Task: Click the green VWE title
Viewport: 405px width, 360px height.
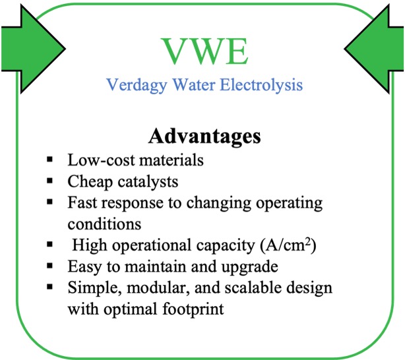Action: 204,51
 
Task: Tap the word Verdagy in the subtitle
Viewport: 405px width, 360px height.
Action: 137,85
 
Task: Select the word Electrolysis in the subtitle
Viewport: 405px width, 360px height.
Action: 261,84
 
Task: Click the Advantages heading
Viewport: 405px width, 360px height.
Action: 204,136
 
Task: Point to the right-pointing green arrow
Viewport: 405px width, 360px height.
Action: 33,49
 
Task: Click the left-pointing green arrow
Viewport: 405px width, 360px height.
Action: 374,49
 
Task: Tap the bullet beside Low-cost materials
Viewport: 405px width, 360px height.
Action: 50,160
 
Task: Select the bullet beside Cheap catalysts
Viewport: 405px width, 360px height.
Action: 50,181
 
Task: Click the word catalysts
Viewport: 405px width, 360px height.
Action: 148,181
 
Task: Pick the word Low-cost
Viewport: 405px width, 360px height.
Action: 102,160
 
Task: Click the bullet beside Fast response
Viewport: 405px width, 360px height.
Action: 50,202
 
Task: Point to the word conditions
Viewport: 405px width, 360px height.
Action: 104,224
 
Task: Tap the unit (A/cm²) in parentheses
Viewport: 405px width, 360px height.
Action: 288,245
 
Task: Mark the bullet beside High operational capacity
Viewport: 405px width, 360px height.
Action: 50,244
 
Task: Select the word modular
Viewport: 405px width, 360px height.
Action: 160,287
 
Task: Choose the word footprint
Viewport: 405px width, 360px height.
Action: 193,309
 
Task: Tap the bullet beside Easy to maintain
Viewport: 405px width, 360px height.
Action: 50,265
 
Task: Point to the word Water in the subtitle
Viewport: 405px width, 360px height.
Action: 194,84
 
